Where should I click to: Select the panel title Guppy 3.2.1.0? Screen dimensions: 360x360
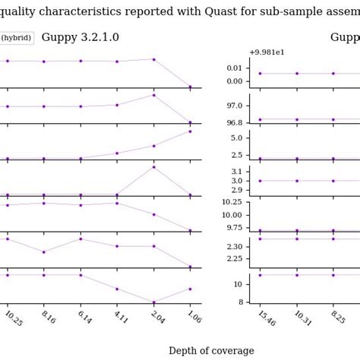click(80, 37)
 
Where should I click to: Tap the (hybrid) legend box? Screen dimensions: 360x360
click(16, 38)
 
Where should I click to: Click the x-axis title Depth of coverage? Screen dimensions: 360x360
click(211, 351)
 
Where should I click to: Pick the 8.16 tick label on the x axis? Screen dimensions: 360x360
click(47, 317)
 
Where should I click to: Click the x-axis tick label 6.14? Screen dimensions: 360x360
click(83, 317)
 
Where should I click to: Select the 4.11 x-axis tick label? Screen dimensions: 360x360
click(120, 317)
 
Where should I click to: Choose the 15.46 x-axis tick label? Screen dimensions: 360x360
click(266, 317)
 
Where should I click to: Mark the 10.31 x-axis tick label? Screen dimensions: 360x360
click(302, 317)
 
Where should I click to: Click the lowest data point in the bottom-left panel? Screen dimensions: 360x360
click(153, 302)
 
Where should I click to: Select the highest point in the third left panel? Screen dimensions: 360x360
click(190, 131)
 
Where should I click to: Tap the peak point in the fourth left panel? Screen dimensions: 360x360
click(153, 167)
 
